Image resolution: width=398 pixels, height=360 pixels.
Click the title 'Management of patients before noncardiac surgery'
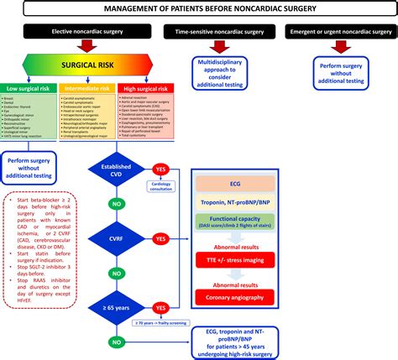click(x=199, y=9)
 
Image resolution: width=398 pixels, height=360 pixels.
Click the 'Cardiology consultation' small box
click(x=165, y=189)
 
